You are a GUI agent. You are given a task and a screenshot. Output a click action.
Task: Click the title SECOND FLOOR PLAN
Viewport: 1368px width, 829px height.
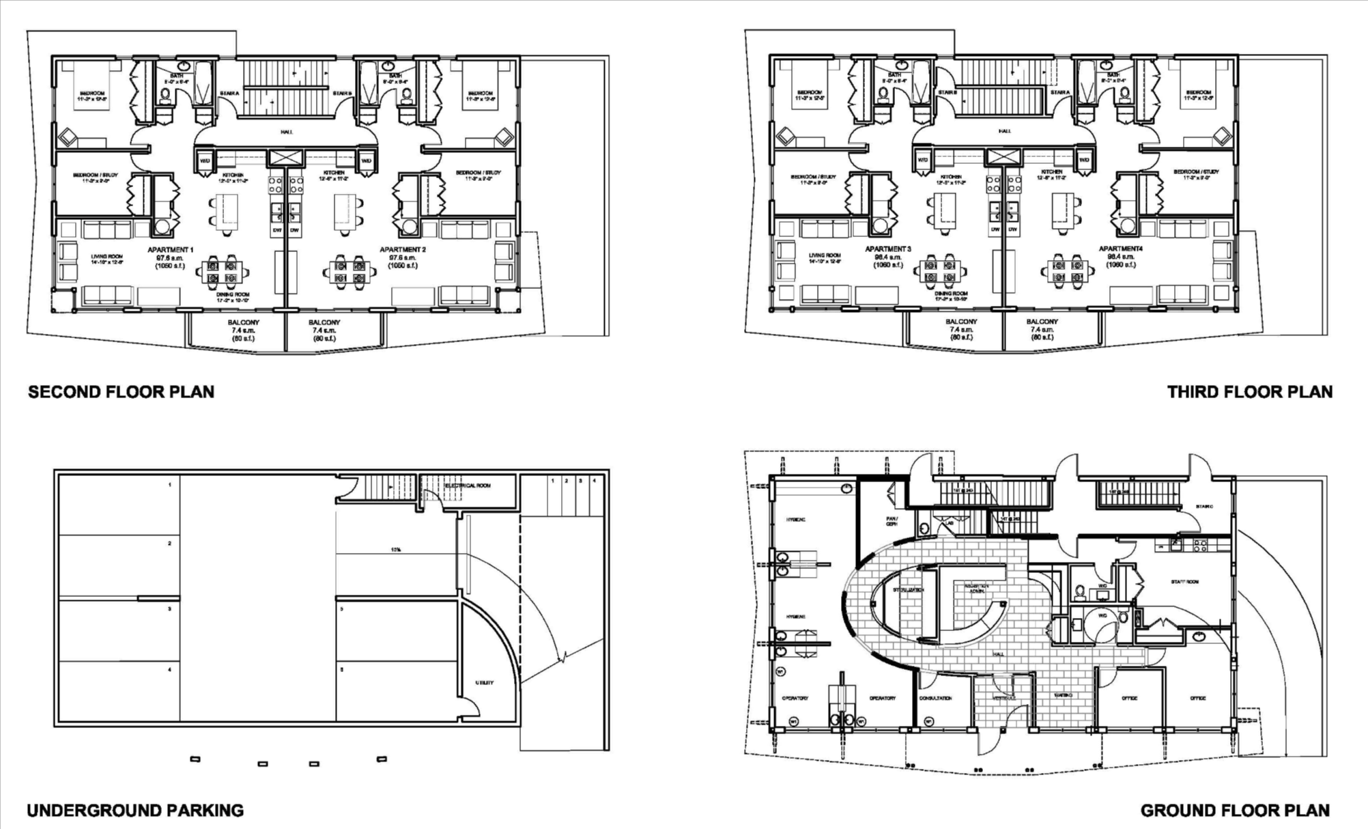click(121, 392)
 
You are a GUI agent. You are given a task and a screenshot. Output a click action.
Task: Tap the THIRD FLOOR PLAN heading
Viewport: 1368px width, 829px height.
click(1249, 392)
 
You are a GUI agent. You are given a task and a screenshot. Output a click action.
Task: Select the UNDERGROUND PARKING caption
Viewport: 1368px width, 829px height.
click(135, 811)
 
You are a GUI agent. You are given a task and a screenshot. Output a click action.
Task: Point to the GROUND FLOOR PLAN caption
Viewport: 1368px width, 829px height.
click(1235, 811)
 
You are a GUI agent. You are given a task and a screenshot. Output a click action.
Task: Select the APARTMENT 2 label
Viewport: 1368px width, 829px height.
click(403, 250)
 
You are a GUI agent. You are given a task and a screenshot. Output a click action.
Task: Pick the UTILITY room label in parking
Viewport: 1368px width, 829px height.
click(485, 682)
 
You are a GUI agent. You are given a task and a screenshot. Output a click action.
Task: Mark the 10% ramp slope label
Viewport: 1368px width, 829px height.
click(395, 549)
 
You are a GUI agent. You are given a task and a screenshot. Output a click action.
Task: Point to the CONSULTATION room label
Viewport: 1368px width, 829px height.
click(935, 698)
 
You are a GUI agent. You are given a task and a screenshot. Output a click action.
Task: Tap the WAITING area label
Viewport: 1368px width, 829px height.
click(1063, 695)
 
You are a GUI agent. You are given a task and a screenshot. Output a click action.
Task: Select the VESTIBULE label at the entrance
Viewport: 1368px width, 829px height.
click(1003, 697)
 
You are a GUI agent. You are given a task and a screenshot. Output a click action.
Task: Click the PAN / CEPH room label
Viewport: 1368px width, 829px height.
click(892, 520)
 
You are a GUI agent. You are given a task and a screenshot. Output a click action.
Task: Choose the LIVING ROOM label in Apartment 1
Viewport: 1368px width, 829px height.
click(107, 257)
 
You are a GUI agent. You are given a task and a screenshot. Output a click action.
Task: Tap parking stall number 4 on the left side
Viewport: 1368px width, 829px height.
click(170, 670)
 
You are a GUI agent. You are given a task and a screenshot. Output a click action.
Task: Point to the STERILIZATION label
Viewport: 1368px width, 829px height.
click(909, 589)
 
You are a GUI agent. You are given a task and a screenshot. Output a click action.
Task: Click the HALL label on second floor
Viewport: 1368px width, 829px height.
click(286, 132)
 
